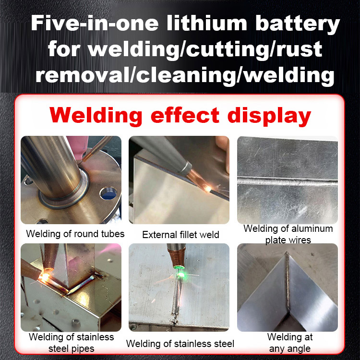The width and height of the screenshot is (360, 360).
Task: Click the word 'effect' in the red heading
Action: (x=190, y=116)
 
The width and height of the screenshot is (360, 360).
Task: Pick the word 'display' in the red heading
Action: (x=271, y=116)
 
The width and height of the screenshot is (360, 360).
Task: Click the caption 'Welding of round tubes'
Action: (x=75, y=234)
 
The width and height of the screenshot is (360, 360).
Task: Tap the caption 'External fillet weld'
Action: (x=180, y=235)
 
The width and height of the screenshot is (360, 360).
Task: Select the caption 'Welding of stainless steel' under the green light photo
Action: (x=180, y=344)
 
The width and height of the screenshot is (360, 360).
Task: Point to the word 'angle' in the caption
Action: (x=298, y=348)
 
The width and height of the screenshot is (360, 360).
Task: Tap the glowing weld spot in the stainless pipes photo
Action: (x=46, y=277)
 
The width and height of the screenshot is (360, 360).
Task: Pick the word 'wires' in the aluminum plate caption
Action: (x=288, y=240)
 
